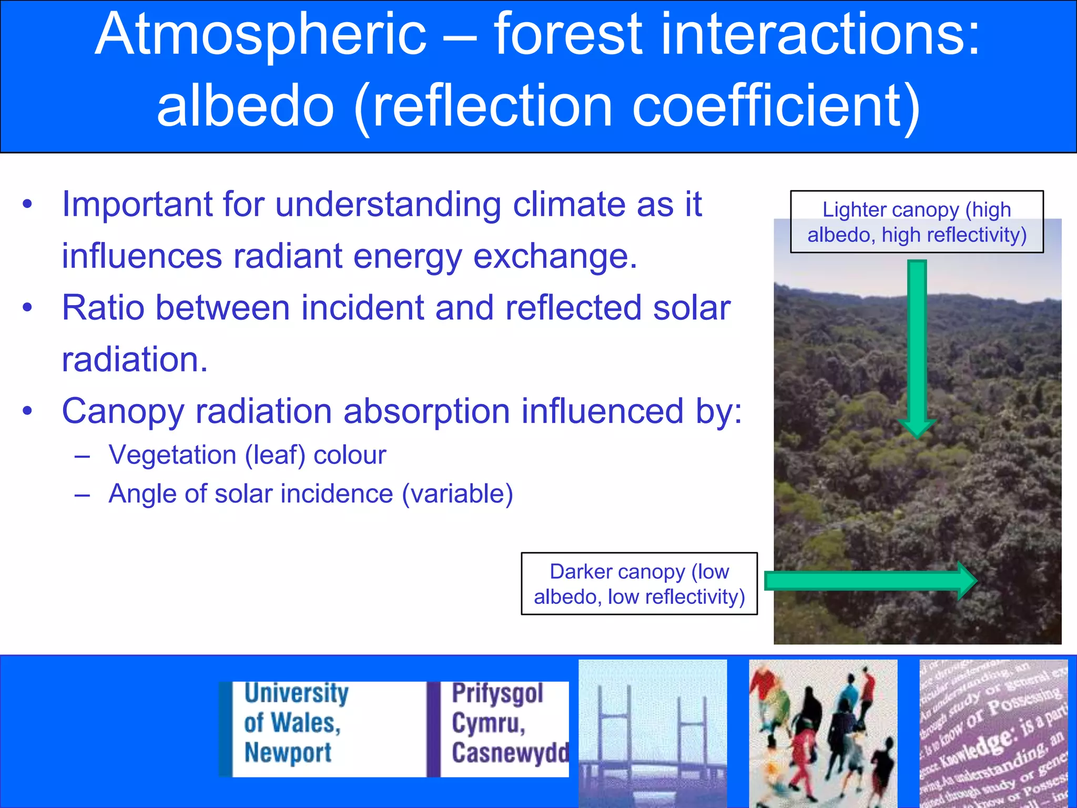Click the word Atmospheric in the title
tap(260, 36)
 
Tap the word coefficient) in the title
tap(776, 107)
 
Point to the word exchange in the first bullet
tap(555, 256)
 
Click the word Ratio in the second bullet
tap(103, 308)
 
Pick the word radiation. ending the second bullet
tap(135, 360)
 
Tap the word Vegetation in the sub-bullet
tap(172, 455)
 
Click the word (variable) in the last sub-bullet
tap(457, 494)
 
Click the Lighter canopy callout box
tap(917, 222)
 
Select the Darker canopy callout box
tap(639, 584)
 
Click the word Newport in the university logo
tap(288, 753)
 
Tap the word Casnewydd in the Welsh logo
tap(509, 753)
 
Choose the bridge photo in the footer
tap(653, 733)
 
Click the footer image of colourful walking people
tap(823, 733)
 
